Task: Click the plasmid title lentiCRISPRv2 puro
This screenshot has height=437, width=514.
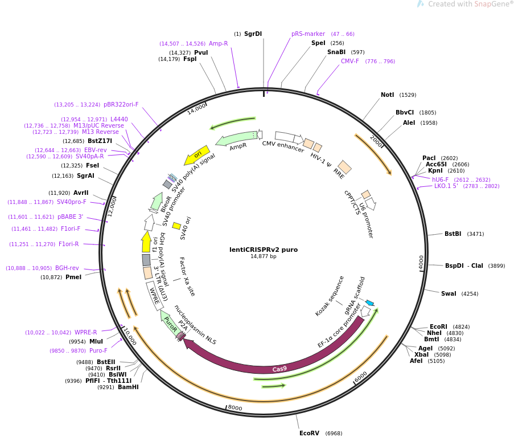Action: pyautogui.click(x=263, y=250)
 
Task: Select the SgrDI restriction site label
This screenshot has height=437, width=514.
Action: pyautogui.click(x=253, y=34)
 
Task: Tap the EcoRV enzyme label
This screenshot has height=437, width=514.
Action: pyautogui.click(x=309, y=433)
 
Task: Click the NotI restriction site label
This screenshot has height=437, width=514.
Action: pyautogui.click(x=388, y=95)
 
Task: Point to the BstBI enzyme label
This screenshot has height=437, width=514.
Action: pyautogui.click(x=453, y=234)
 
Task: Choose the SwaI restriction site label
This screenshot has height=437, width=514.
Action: pyautogui.click(x=449, y=294)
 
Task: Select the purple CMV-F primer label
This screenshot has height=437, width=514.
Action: pyautogui.click(x=350, y=62)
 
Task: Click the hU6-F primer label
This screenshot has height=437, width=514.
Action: pyautogui.click(x=440, y=179)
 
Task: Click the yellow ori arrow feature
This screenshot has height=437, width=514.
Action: pyautogui.click(x=197, y=155)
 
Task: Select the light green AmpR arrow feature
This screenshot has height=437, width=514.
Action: pyautogui.click(x=236, y=138)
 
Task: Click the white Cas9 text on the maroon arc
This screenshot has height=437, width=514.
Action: pyautogui.click(x=279, y=369)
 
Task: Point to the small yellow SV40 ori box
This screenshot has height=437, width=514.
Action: pyautogui.click(x=176, y=226)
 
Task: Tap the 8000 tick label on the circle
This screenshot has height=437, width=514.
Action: pyautogui.click(x=235, y=408)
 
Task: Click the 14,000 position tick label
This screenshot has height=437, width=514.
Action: pyautogui.click(x=197, y=108)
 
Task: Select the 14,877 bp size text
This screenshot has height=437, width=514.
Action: pyautogui.click(x=263, y=256)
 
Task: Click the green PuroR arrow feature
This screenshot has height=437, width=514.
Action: pyautogui.click(x=170, y=324)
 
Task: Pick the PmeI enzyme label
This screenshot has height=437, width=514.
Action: pyautogui.click(x=73, y=277)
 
